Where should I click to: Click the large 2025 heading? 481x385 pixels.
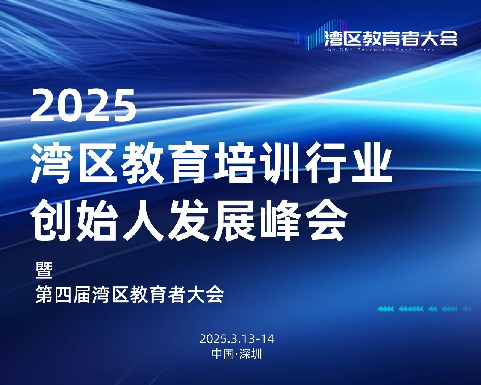point(83,105)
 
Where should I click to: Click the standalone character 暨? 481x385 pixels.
point(44,270)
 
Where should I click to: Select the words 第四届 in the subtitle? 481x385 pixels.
point(63,295)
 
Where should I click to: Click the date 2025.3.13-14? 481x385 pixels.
point(237,339)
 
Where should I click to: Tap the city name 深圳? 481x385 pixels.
point(250,354)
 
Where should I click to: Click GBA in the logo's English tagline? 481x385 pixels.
point(345,50)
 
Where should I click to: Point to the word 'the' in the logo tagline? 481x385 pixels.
point(330,50)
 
